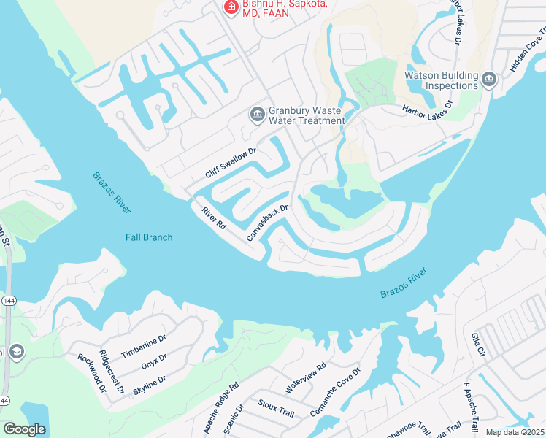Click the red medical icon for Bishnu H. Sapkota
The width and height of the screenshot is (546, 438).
coord(231,7)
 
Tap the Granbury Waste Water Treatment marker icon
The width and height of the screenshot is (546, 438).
coord(257,115)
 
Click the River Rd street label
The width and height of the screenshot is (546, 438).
coord(214,218)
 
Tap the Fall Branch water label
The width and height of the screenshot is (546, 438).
coord(149,237)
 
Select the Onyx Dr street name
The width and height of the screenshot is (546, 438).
coord(154,361)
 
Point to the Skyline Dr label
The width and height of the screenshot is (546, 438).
coord(149,384)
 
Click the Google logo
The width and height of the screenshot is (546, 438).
coord(24,429)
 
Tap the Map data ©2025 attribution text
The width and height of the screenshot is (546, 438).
coord(515,432)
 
